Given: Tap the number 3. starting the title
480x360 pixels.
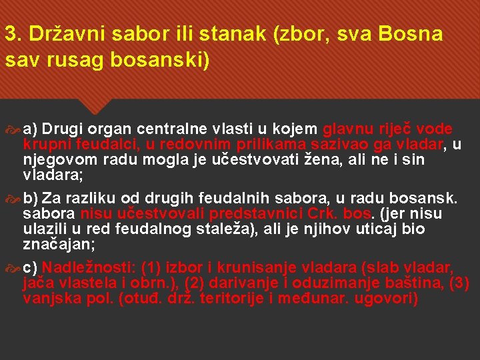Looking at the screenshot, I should click(x=12, y=34).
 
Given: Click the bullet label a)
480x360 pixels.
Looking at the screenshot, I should click(x=31, y=129).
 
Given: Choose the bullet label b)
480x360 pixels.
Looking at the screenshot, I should click(x=31, y=198).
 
